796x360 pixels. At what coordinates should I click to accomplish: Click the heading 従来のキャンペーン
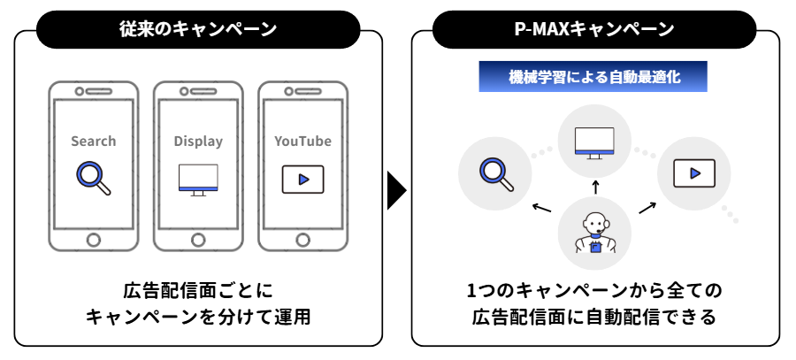199,29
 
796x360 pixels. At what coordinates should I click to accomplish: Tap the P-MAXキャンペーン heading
594,29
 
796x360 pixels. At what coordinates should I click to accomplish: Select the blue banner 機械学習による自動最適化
594,77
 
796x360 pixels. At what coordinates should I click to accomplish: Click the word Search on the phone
94,141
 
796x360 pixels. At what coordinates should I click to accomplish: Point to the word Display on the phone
198,141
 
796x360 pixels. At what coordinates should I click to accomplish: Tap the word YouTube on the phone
302,141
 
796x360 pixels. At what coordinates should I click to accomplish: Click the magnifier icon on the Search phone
93,177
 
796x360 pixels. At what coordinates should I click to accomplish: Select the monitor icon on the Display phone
198,179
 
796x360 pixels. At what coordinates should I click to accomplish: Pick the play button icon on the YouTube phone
302,179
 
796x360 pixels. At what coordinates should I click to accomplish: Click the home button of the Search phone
94,239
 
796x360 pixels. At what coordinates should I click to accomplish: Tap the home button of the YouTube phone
302,239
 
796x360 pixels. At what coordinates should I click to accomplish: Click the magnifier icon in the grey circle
495,172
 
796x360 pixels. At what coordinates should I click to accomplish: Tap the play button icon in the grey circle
694,172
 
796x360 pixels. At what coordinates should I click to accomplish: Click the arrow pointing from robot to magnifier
541,209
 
